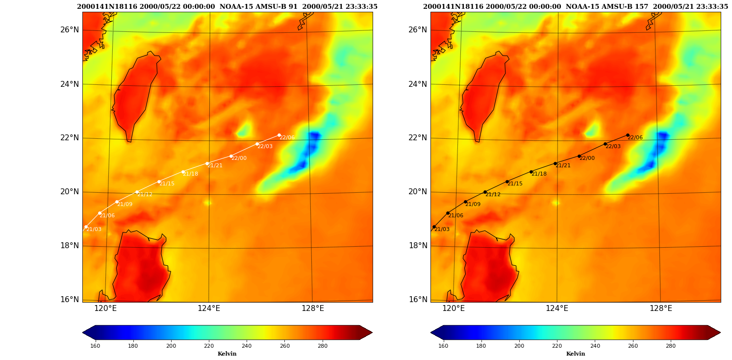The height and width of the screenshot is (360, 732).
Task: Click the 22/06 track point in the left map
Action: pyautogui.click(x=279, y=135)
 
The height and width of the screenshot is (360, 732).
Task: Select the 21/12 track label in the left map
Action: pyautogui.click(x=145, y=194)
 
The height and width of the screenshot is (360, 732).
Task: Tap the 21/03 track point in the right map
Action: pyautogui.click(x=434, y=227)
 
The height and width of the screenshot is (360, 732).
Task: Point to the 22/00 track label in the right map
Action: pyautogui.click(x=587, y=158)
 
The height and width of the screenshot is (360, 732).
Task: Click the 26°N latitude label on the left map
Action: pyautogui.click(x=70, y=30)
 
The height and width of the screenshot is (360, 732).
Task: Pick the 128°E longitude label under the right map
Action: pyautogui.click(x=661, y=308)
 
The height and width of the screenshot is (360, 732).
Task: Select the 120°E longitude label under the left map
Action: pyautogui.click(x=105, y=308)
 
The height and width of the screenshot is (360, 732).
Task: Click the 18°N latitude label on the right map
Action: pyautogui.click(x=418, y=245)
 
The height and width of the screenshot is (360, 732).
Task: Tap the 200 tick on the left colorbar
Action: pyautogui.click(x=171, y=346)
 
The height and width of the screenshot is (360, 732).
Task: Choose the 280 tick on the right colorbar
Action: pyautogui.click(x=671, y=346)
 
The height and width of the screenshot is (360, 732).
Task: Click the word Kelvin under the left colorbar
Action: pyautogui.click(x=227, y=354)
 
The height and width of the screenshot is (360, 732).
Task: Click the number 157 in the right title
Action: pyautogui.click(x=642, y=6)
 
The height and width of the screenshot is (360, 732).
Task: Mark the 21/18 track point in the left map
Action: pyautogui.click(x=183, y=172)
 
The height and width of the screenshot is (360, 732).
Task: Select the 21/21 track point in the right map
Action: pyautogui.click(x=555, y=163)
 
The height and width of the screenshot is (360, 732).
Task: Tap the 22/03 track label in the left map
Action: pyautogui.click(x=265, y=146)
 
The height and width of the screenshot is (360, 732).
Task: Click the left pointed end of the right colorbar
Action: pyautogui.click(x=431, y=333)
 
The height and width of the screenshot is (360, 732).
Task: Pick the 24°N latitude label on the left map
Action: pyautogui.click(x=70, y=84)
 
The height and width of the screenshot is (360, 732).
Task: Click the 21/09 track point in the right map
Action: pyautogui.click(x=465, y=202)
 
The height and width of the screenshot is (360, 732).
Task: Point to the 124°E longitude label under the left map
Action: pyautogui.click(x=209, y=308)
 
